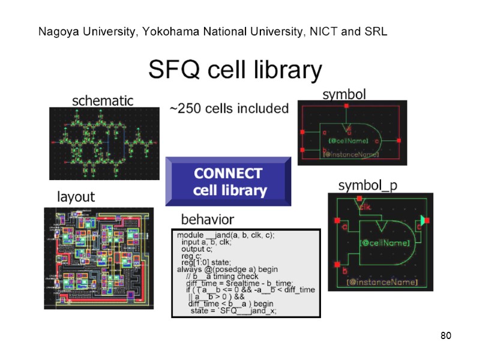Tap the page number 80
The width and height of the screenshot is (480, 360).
click(445, 335)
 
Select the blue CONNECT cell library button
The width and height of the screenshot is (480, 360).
click(228, 182)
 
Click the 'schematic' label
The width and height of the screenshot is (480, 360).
click(103, 101)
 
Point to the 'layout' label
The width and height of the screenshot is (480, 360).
click(76, 197)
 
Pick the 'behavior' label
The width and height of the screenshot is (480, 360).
click(208, 219)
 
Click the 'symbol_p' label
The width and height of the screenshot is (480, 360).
click(368, 185)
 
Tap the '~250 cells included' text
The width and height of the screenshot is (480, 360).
click(229, 109)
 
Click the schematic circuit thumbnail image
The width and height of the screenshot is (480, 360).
click(101, 143)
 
